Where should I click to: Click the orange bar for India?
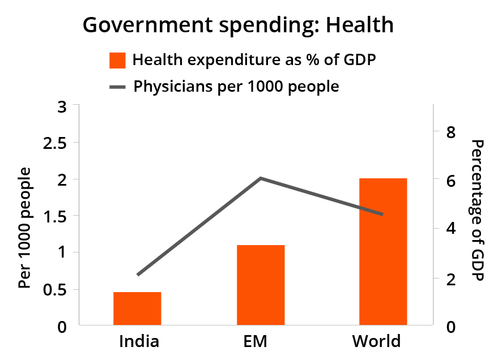pos(137,309)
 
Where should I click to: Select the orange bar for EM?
pos(260,285)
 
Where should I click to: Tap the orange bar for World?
pos(383,252)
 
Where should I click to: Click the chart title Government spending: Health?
pos(238,25)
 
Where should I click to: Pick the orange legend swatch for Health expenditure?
pos(117,60)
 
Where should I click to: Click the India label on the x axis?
pos(139,342)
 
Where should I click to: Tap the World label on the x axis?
pos(376,342)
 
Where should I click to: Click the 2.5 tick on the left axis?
pos(55,143)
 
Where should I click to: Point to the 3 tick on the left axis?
pos(62,106)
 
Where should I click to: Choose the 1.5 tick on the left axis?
pos(55,216)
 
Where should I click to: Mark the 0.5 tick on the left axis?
pos(55,289)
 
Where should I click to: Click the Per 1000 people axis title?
pos(24,228)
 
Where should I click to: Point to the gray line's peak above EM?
pos(261,178)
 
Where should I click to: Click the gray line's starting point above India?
pos(138,275)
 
